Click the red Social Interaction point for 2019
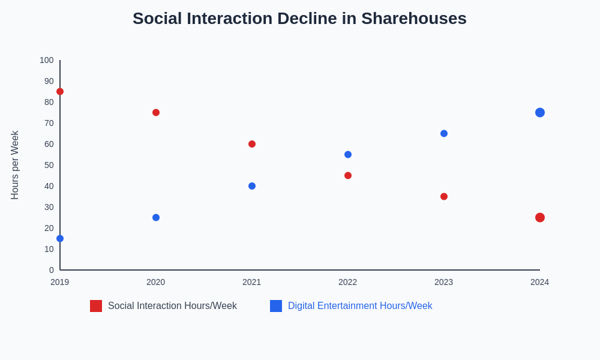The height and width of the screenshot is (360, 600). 60,92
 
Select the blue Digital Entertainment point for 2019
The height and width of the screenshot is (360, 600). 60,239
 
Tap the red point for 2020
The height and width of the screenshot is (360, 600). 156,113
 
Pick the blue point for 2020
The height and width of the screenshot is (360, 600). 156,218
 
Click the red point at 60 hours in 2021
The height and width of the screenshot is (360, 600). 252,144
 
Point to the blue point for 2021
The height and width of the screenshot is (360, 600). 252,186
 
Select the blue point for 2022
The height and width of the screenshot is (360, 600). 348,155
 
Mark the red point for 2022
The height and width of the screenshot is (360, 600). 348,176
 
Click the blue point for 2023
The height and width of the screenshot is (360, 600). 444,134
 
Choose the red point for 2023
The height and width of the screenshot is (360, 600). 444,197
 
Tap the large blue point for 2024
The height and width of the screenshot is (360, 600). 540,113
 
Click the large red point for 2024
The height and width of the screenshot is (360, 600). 540,218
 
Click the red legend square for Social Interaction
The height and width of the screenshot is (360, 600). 96,306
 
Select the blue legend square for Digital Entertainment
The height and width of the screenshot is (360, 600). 276,306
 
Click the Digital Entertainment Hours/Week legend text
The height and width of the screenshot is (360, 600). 360,306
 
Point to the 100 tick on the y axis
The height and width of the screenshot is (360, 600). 47,60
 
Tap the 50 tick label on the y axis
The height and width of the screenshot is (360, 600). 49,165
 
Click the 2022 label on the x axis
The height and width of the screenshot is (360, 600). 347,282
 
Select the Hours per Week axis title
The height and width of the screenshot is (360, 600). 15,165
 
